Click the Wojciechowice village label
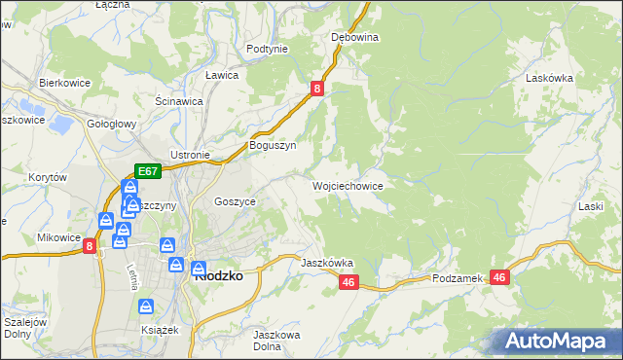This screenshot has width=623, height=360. coord(348,185)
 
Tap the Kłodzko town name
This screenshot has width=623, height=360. coord(218,275)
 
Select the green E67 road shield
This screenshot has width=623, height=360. coord(148,171)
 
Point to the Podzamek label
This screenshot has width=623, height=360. coord(458,278)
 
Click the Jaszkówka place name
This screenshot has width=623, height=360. coord(327,263)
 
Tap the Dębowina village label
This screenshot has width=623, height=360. coord(354,37)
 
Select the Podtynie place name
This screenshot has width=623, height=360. coord(267,49)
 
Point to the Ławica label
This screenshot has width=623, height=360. coord(222,74)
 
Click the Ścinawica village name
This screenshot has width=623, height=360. coord(179,100)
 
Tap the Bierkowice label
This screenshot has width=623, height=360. coord(64,83)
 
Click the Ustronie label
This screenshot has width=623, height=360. coord(191,155)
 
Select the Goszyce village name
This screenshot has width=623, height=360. coord(235,200)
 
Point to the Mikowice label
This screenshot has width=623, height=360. coord(58,237)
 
